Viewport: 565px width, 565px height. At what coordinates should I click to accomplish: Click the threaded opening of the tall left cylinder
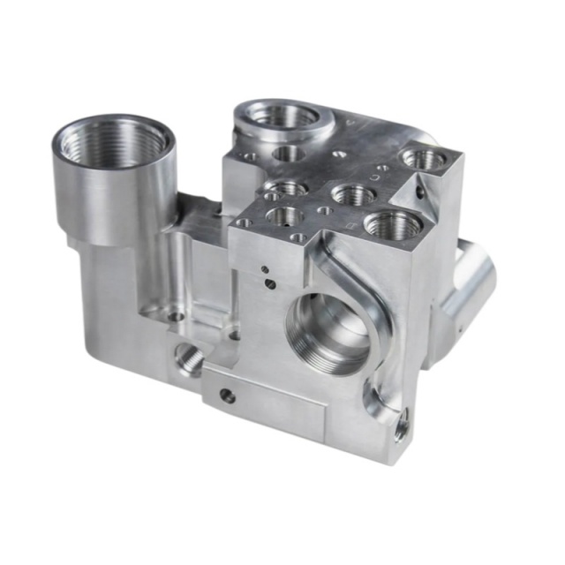coord(113,142)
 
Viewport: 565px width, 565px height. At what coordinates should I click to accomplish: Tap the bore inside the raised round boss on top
coord(281,117)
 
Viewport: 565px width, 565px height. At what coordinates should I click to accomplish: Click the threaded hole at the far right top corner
coord(425,160)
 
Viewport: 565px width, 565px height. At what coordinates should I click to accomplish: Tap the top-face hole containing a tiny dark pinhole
coord(283,215)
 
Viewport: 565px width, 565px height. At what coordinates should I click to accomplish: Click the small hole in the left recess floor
coord(175,314)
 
